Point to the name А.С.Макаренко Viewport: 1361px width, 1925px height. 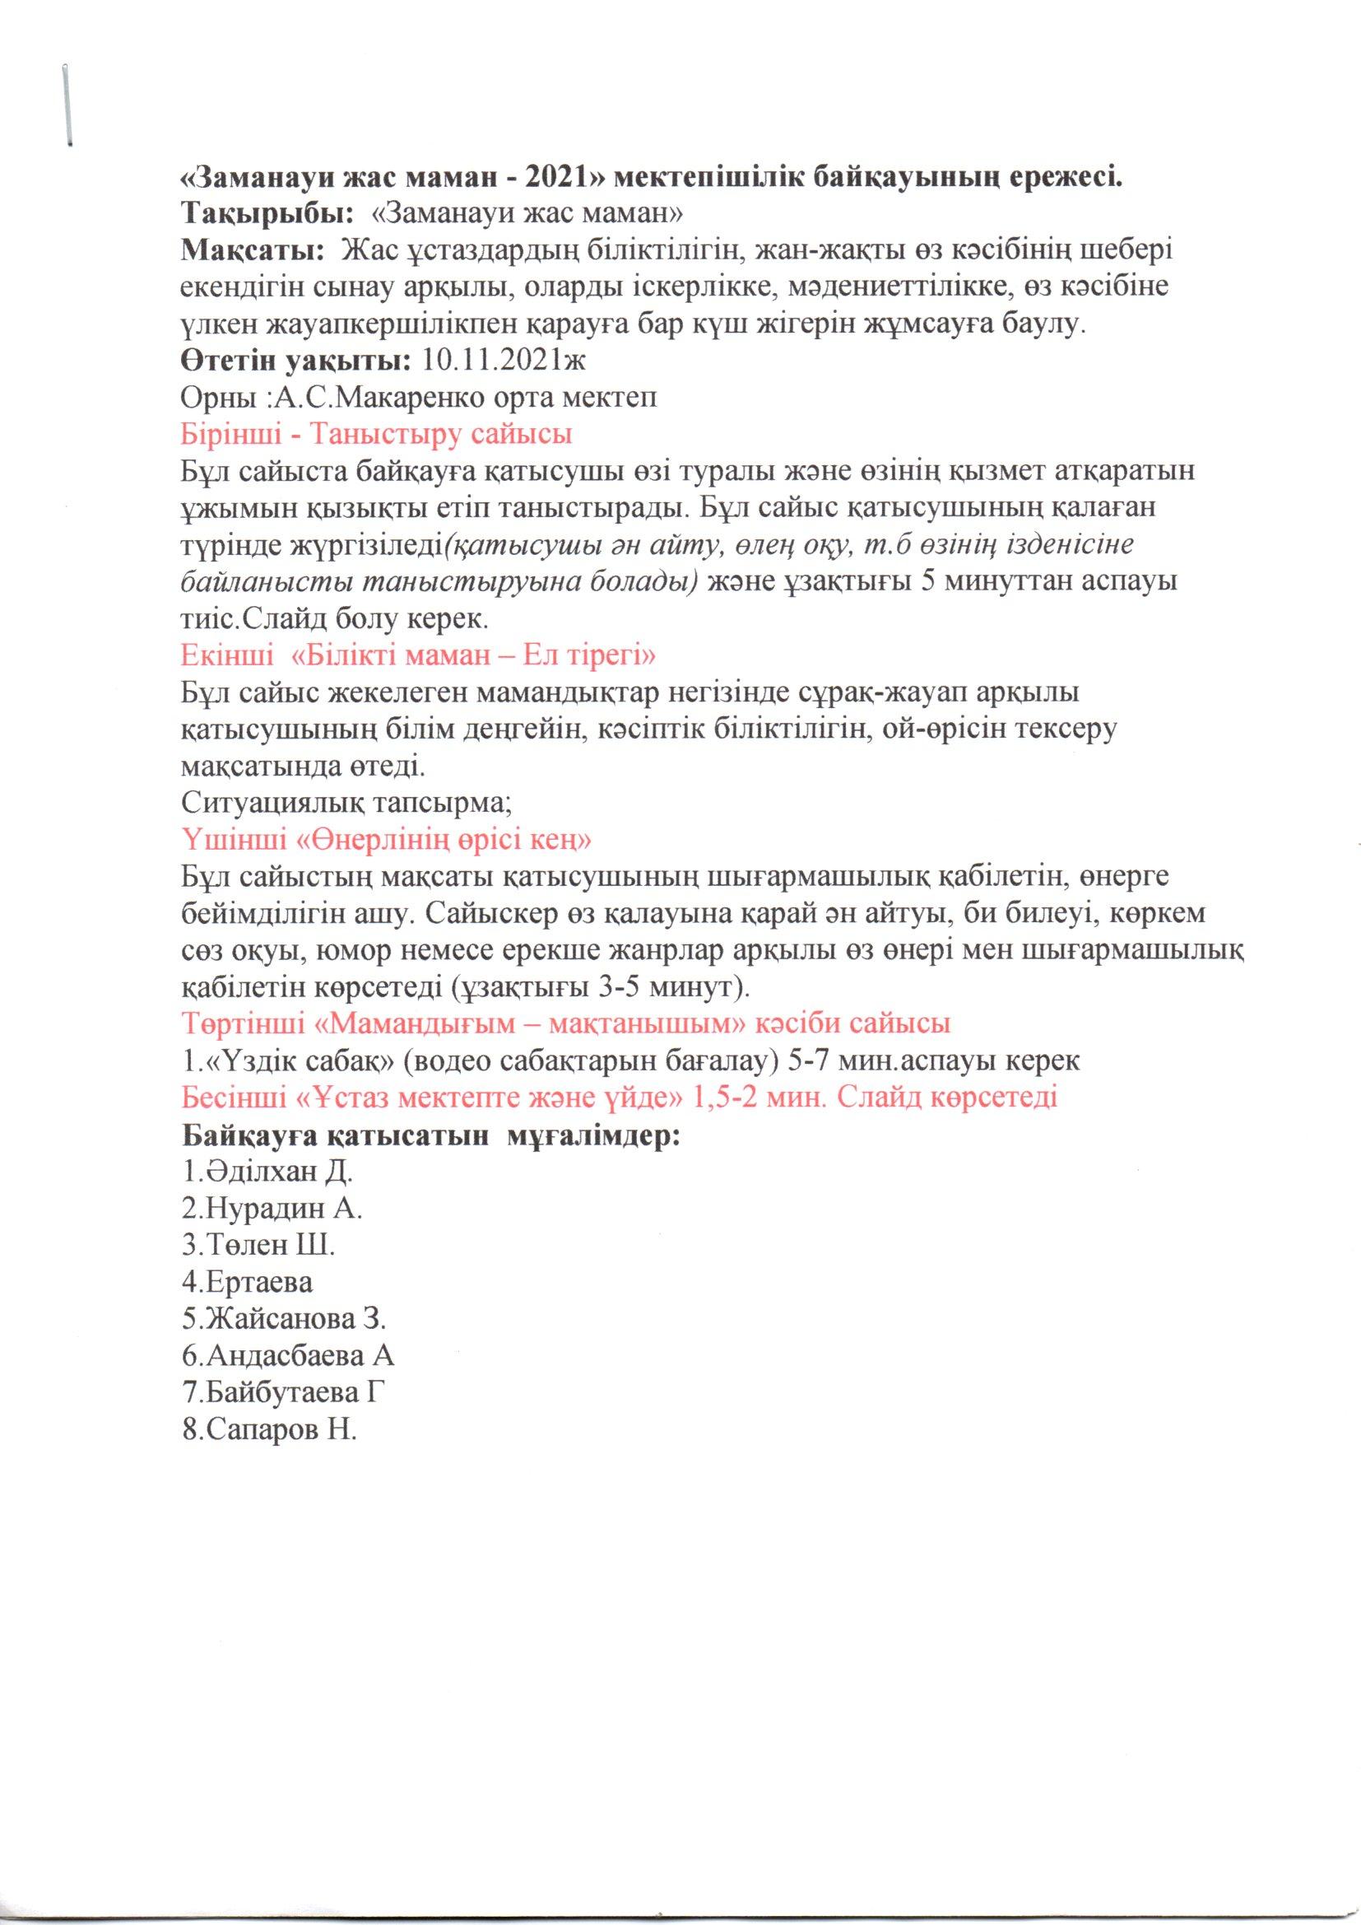tap(380, 398)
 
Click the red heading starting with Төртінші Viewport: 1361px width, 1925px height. tap(565, 1023)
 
